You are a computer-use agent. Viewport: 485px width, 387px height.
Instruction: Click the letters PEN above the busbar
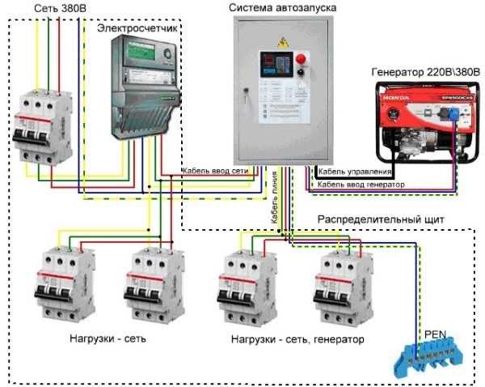click(x=434, y=333)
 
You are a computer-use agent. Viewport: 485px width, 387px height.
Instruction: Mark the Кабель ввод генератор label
click(x=361, y=185)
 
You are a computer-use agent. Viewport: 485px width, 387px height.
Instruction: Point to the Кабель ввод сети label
click(x=221, y=172)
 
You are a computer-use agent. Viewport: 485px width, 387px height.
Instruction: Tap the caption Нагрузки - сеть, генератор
click(x=297, y=338)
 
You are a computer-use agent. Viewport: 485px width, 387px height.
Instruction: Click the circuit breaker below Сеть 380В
click(x=41, y=122)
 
